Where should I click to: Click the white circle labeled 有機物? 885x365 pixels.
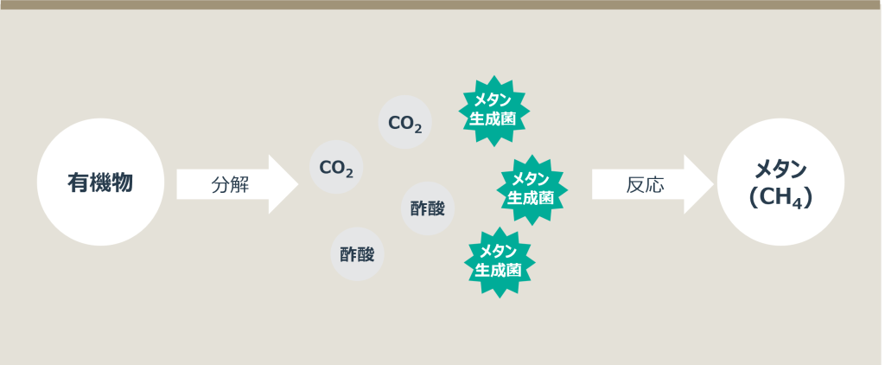(100, 182)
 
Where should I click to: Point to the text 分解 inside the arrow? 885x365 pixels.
(230, 184)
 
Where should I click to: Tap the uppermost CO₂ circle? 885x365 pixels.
(405, 122)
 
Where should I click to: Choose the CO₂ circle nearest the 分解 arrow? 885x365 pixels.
(336, 167)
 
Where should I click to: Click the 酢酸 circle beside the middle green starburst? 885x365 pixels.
(428, 208)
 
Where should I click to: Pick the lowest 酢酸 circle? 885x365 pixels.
(357, 255)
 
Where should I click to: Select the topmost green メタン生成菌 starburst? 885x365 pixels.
(493, 111)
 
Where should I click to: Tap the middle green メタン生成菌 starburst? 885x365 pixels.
(532, 189)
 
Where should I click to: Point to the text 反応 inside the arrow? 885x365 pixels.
(645, 184)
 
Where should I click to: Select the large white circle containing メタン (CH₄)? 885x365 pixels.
(780, 182)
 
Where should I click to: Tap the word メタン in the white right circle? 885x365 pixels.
(781, 168)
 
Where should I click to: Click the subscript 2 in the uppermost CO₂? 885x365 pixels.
(417, 128)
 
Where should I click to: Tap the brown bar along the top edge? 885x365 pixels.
(442, 4)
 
